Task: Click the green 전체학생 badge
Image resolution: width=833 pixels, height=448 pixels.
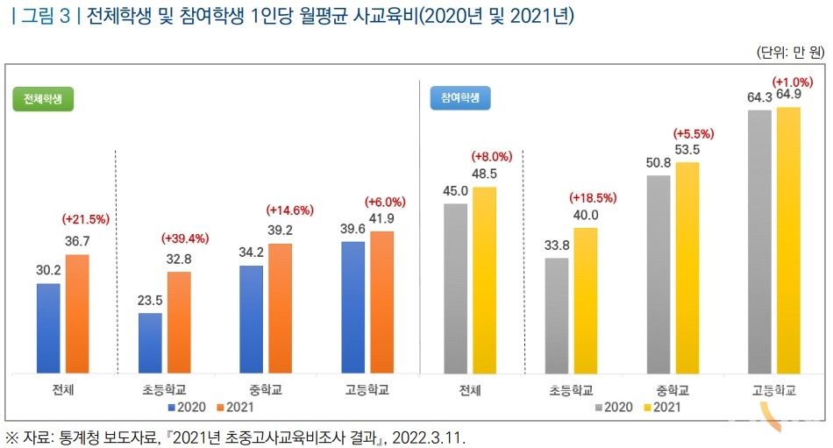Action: (43, 99)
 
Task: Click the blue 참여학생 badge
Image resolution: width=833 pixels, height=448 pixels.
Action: (460, 99)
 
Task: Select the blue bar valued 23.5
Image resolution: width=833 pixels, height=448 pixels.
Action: (150, 342)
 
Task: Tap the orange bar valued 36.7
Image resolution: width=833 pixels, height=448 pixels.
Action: (77, 313)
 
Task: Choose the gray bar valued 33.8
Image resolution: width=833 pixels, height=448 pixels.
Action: (557, 315)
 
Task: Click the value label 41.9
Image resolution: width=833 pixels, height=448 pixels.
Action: (381, 219)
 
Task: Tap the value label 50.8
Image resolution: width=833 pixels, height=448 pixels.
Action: (659, 162)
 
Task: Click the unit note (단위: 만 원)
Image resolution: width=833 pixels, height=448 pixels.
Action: (788, 52)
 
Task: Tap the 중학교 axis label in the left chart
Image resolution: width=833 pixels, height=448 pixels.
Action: (264, 389)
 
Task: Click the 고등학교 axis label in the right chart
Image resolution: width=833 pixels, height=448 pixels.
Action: (774, 389)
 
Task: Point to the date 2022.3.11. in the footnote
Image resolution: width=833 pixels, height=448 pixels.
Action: (431, 436)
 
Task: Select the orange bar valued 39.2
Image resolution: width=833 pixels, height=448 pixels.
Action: (280, 308)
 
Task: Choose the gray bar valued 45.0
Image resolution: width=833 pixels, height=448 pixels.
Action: (456, 288)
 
